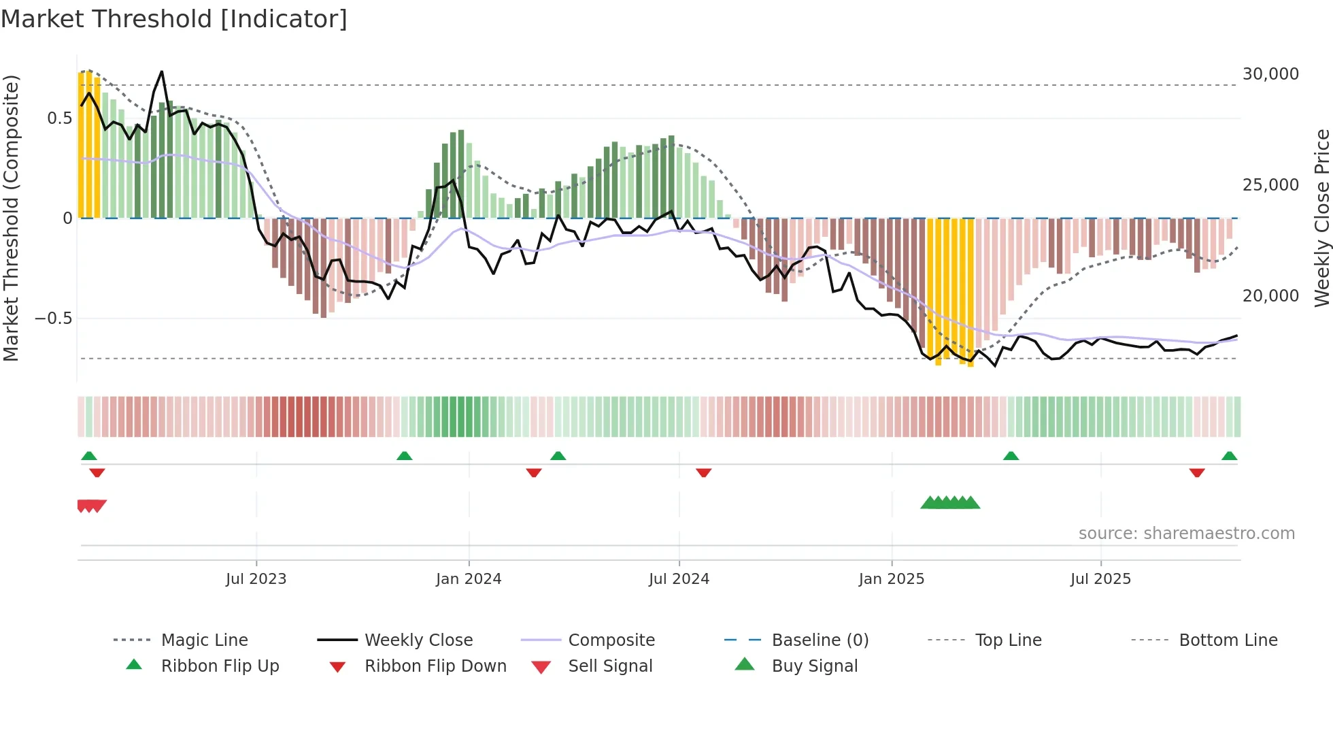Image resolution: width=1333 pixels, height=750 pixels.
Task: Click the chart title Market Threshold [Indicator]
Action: tap(174, 19)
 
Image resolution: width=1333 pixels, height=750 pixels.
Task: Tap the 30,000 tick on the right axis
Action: tap(1270, 74)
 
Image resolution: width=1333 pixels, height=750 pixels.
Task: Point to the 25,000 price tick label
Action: tap(1270, 185)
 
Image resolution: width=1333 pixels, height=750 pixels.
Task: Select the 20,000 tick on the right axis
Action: tap(1270, 296)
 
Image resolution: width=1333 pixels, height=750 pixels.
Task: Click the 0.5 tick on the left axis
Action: tap(59, 118)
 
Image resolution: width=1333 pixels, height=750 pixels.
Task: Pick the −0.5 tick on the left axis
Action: tap(53, 319)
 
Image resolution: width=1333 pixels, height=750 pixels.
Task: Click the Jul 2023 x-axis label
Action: tap(256, 579)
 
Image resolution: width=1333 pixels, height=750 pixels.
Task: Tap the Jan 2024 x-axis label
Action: tap(469, 579)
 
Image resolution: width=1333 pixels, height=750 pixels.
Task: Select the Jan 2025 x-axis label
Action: tap(892, 579)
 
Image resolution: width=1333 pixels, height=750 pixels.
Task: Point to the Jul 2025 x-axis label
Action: tap(1100, 579)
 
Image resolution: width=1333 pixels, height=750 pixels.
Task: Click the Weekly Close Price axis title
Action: tap(1321, 218)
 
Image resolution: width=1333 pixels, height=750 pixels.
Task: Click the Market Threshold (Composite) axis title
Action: tap(11, 218)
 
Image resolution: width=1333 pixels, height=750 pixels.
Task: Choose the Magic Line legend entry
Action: tap(204, 640)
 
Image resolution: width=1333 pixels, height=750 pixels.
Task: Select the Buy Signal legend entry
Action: tap(814, 666)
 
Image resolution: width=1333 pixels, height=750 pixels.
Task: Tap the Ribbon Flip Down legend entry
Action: tap(435, 666)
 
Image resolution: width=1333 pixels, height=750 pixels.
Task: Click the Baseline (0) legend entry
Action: tap(820, 640)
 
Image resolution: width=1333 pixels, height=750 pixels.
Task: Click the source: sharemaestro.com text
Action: tap(1186, 534)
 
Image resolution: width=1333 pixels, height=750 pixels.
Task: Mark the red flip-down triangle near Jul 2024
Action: tap(704, 472)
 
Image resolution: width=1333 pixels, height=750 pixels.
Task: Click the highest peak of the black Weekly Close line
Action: tap(162, 71)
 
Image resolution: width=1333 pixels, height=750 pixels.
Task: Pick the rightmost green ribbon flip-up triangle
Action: tap(1229, 456)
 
